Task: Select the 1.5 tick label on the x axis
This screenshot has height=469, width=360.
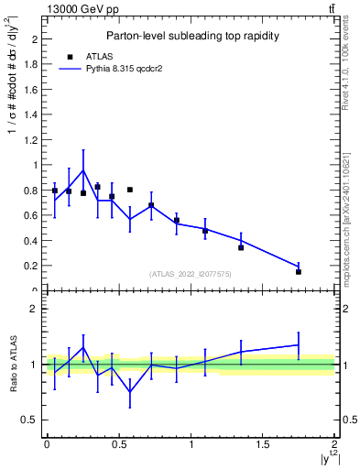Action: (x=262, y=444)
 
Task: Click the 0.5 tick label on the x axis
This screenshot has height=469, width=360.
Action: (x=118, y=444)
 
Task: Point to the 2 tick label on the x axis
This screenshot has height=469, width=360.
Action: (x=334, y=444)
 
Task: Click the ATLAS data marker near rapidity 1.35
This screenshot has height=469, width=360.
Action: (x=241, y=247)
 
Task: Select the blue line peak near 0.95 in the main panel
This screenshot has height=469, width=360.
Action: (x=83, y=170)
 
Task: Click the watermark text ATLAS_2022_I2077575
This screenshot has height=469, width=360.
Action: (x=190, y=274)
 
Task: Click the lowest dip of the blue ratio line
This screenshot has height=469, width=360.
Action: (x=130, y=392)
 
